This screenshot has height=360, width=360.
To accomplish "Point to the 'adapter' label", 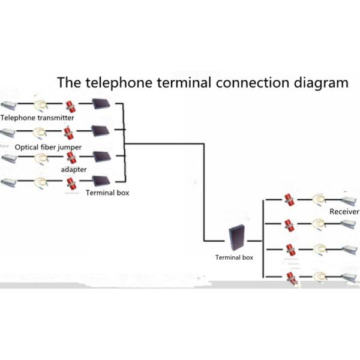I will pyautogui.click(x=74, y=170).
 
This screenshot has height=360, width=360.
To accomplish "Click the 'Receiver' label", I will pyautogui.click(x=344, y=212).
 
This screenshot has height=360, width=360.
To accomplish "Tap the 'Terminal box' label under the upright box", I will pyautogui.click(x=234, y=257).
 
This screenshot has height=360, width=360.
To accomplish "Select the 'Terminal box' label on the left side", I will pyautogui.click(x=107, y=193).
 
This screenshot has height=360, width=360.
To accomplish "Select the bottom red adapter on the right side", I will pyautogui.click(x=290, y=277).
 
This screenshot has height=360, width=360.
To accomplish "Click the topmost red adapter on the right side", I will pyautogui.click(x=289, y=199).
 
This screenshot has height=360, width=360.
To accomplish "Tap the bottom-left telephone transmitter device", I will pyautogui.click(x=12, y=182).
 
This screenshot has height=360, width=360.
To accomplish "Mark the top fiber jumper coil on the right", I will pyautogui.click(x=318, y=199).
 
